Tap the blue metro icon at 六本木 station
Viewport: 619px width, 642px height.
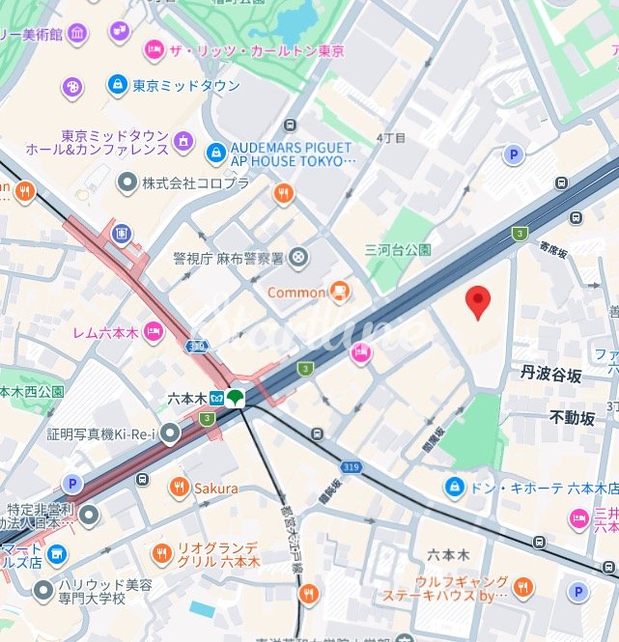tap(211, 397)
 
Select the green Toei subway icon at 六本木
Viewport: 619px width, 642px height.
tap(236, 397)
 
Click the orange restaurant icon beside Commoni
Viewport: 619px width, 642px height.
tap(339, 291)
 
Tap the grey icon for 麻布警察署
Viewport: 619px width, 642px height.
tap(299, 257)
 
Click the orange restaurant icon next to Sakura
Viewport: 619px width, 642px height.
tap(179, 488)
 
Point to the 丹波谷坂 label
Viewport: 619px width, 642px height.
tap(551, 372)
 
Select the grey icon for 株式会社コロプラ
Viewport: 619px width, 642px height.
tap(127, 181)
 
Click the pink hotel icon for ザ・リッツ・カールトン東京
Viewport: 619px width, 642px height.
tap(154, 49)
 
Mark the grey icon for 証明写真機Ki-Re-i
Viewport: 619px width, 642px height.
tap(171, 434)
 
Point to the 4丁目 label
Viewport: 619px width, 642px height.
tap(391, 138)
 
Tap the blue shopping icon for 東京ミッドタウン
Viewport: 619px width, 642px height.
tap(118, 86)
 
